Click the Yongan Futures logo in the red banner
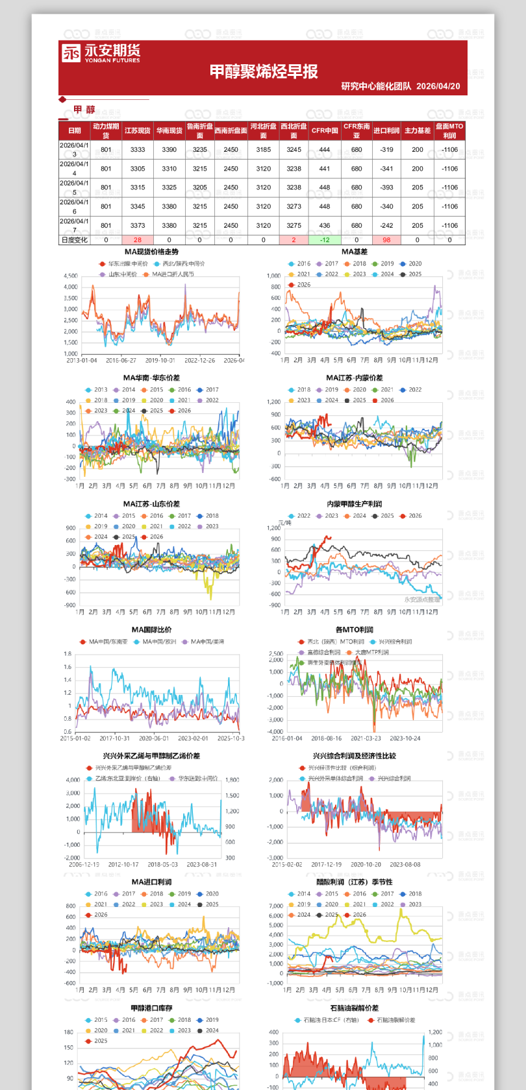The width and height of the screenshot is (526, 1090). coord(101,53)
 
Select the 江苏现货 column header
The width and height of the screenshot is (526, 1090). coord(138,130)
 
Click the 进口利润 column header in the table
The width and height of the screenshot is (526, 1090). coord(386,130)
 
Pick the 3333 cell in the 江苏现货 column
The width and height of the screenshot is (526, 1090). coord(138,149)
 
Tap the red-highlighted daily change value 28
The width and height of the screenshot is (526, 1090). coord(138,239)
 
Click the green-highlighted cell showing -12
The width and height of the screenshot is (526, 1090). coord(325,239)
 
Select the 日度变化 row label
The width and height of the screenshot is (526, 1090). coord(74,239)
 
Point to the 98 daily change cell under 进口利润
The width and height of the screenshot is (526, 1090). coord(386,239)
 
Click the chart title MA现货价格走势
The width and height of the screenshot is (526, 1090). coord(151,252)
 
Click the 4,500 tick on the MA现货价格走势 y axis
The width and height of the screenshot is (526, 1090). coord(71,276)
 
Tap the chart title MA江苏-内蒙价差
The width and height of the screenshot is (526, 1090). coord(354,378)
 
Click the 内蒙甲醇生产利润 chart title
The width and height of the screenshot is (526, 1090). coord(354,503)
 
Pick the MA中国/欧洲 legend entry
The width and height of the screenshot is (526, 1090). coord(155,642)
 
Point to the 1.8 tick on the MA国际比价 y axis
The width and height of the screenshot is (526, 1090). coord(68,654)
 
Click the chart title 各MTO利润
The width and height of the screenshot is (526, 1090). coord(354,629)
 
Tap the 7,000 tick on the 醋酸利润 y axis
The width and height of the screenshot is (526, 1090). coord(276,906)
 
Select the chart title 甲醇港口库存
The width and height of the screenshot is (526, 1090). coord(151,1008)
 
